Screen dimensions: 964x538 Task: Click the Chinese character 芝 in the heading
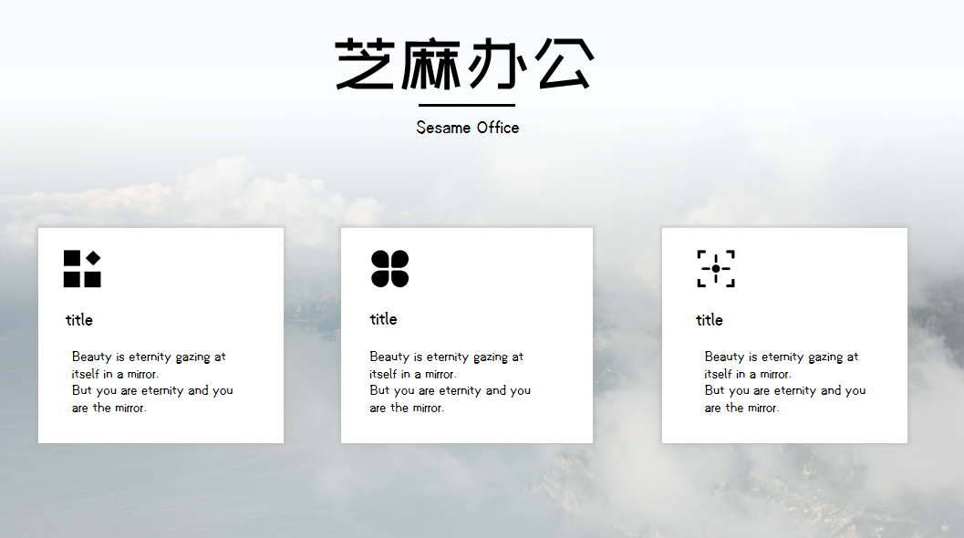pyautogui.click(x=365, y=63)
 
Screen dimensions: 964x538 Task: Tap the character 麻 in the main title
pyautogui.click(x=431, y=64)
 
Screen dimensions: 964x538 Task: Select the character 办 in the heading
pyautogui.click(x=497, y=63)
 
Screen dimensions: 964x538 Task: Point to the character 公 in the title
pyautogui.click(x=565, y=63)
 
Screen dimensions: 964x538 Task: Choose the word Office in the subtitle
pyautogui.click(x=498, y=128)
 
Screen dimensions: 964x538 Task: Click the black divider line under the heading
pyautogui.click(x=467, y=105)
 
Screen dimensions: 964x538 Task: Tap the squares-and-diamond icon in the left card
pyautogui.click(x=82, y=269)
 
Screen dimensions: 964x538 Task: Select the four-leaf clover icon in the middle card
pyautogui.click(x=389, y=269)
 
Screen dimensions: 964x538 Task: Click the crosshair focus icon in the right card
pyautogui.click(x=716, y=269)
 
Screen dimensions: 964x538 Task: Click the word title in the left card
pyautogui.click(x=79, y=320)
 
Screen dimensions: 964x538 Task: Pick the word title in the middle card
pyautogui.click(x=384, y=319)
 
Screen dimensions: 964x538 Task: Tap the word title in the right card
pyautogui.click(x=710, y=320)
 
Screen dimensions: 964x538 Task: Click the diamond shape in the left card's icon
pyautogui.click(x=93, y=258)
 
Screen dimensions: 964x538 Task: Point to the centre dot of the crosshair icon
pyautogui.click(x=716, y=269)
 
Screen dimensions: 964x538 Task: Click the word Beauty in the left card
pyautogui.click(x=91, y=357)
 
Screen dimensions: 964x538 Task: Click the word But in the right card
pyautogui.click(x=714, y=390)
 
